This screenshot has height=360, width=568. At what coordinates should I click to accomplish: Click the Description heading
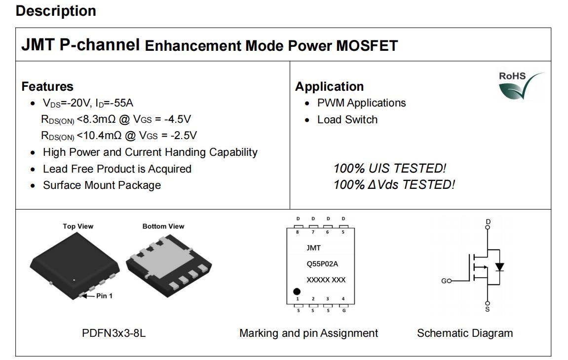56,11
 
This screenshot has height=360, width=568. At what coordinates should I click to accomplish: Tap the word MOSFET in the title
367,46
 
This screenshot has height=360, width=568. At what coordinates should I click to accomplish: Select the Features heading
47,87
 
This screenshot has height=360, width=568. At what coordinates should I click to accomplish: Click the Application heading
330,87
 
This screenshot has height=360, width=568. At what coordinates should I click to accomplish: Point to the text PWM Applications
362,103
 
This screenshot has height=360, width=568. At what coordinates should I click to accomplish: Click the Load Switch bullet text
347,119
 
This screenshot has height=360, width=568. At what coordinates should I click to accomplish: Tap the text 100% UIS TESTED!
390,168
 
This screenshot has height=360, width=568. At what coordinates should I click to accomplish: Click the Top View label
78,226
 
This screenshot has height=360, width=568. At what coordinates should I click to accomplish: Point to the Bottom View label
163,226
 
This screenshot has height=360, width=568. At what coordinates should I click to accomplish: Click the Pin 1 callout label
104,296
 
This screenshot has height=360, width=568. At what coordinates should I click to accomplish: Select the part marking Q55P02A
322,264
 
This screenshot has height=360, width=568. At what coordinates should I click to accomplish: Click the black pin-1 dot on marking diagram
297,291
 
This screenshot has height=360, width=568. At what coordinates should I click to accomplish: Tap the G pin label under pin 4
344,310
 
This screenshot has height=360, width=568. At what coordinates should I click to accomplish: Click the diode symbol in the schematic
499,267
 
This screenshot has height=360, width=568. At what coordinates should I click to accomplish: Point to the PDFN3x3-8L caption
114,333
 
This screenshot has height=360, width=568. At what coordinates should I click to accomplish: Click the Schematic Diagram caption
465,333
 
